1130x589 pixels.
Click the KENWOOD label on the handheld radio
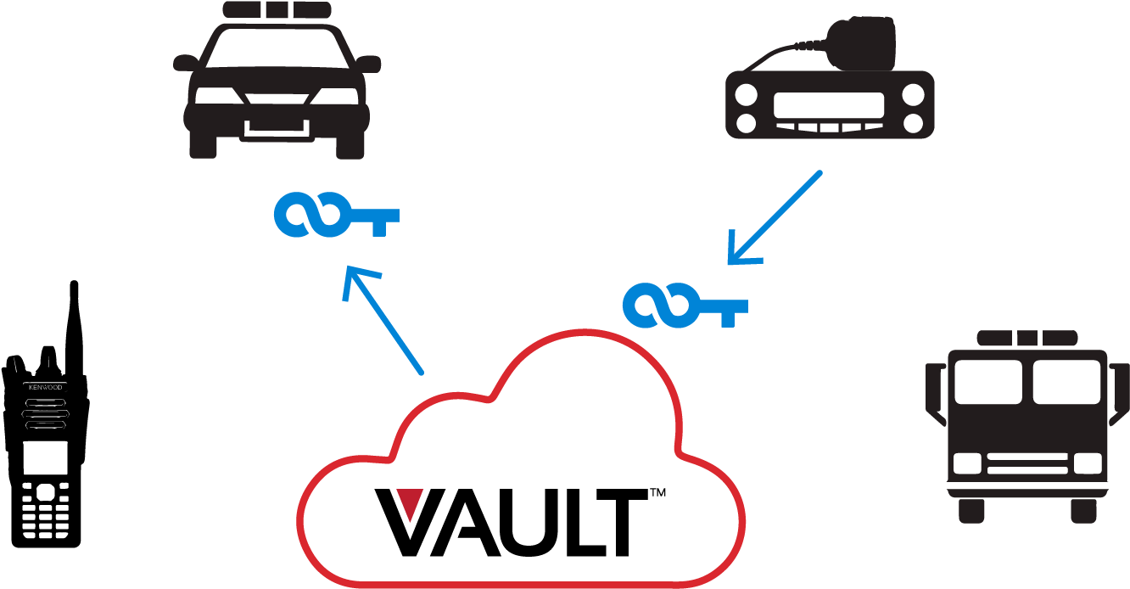46,387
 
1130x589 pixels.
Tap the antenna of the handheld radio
74,328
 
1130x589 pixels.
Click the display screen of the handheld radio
46,457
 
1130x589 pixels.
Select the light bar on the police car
277,9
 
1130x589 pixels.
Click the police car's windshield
277,48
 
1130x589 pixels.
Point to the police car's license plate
277,128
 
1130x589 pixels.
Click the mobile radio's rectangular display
829,105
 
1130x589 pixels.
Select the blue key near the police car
337,215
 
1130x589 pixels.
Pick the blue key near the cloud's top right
685,306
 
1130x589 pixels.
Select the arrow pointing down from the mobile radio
775,218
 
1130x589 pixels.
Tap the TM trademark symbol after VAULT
657,492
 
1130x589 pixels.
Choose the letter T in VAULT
619,523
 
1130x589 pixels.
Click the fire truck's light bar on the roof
1027,338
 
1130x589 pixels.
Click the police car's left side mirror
186,63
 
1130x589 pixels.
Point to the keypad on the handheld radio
46,510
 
